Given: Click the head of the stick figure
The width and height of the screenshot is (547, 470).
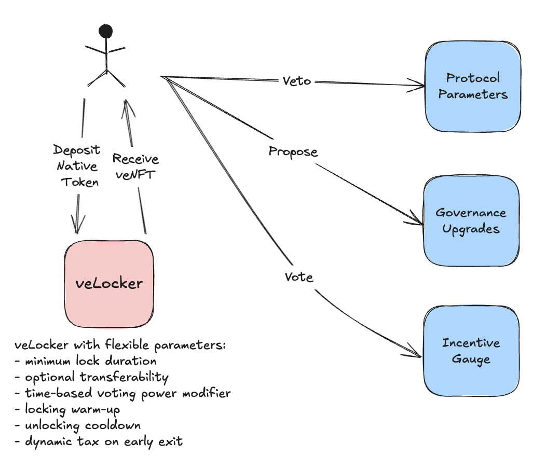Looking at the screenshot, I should (x=106, y=31).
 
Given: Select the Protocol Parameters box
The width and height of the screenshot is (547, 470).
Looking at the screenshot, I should (x=473, y=86).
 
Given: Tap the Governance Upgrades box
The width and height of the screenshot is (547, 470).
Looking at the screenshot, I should (x=471, y=220).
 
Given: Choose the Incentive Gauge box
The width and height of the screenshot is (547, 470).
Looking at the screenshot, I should (x=471, y=351).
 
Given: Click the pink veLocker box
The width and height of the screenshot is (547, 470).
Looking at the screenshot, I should (x=109, y=283).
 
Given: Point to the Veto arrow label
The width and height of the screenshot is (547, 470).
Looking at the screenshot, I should (x=297, y=80).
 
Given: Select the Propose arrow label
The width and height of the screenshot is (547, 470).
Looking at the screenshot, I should (x=293, y=152).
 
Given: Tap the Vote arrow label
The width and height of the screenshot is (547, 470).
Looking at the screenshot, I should (x=299, y=277).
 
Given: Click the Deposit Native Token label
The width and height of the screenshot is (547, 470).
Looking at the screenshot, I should (x=76, y=166).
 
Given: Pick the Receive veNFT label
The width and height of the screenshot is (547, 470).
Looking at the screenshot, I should (x=135, y=165).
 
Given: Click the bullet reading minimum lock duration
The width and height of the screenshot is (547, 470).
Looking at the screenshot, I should (x=90, y=361).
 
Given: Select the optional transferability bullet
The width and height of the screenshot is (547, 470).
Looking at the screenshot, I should (x=97, y=377).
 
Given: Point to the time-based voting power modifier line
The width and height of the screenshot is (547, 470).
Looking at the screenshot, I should (x=128, y=393).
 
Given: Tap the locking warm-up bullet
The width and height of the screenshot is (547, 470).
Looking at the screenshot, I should (x=73, y=409).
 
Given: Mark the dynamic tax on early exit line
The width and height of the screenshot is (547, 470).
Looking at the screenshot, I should (x=104, y=442).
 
